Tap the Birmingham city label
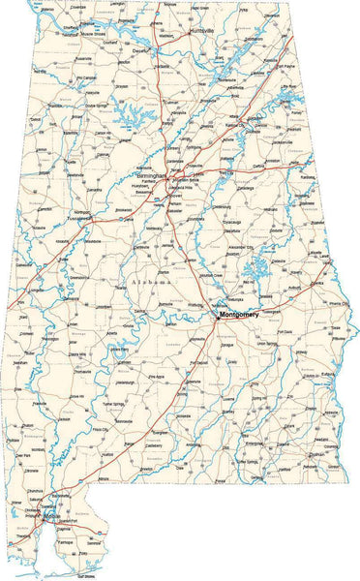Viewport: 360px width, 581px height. click(153, 174)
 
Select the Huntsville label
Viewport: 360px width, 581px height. click(201, 30)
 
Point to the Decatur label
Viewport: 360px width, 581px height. click(141, 50)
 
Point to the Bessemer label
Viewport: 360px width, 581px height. click(145, 193)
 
